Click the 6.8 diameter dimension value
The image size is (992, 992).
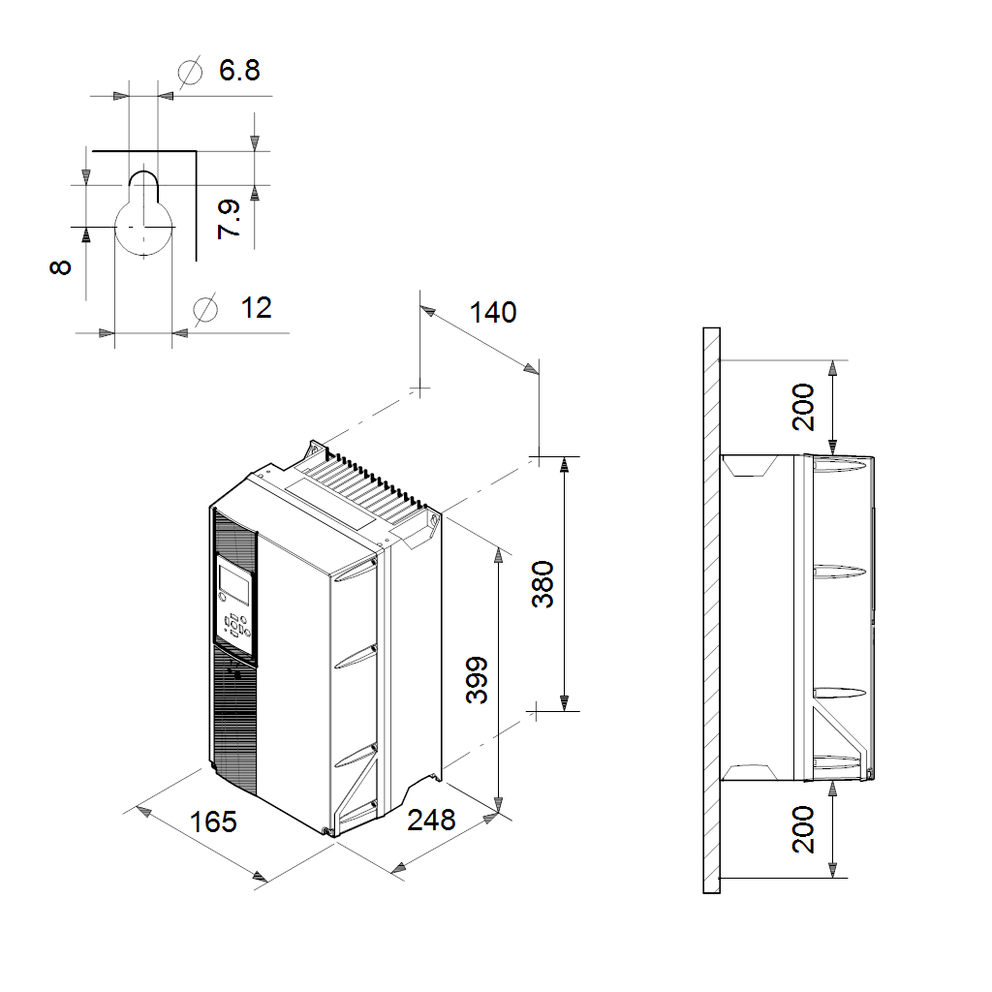pos(239,70)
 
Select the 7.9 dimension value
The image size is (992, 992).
pos(229,219)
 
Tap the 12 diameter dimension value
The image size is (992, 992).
pos(256,307)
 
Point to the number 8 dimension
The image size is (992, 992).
pos(60,267)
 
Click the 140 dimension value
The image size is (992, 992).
pos(493,313)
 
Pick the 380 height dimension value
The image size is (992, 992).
pos(542,584)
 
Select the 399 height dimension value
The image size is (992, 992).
pos(477,680)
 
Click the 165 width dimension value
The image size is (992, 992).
pos(213,821)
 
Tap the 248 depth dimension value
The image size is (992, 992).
pos(431,820)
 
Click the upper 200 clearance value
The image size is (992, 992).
pos(803,407)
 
